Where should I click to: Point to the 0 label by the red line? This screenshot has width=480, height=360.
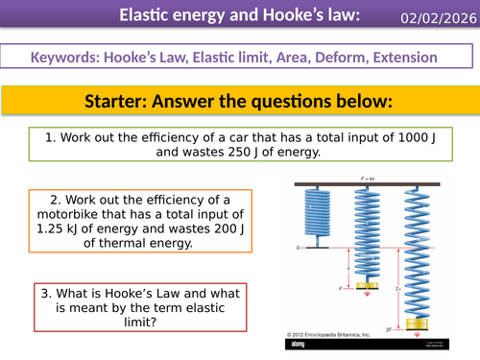click(299, 248)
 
